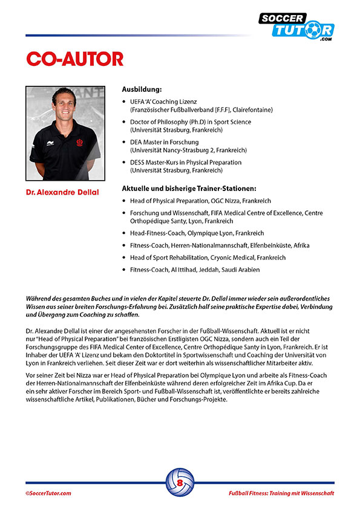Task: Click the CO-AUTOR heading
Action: click(x=74, y=59)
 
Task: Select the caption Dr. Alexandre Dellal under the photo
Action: click(x=62, y=192)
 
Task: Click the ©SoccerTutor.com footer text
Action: click(x=48, y=493)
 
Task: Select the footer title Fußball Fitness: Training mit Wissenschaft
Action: click(x=281, y=493)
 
